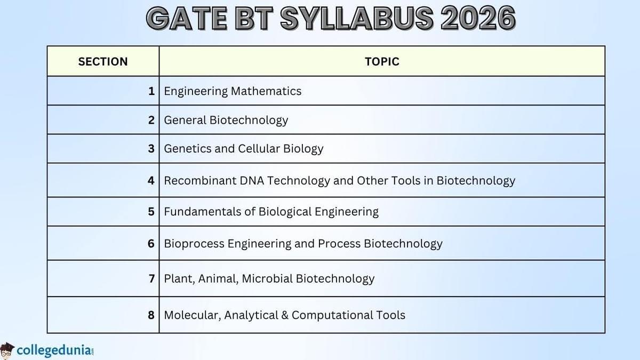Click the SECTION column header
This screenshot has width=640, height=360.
[103, 61]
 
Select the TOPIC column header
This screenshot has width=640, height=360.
[382, 61]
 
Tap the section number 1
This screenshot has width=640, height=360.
[151, 91]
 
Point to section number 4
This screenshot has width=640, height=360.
[151, 180]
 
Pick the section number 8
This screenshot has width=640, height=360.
[151, 315]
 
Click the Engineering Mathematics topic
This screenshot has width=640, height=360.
[233, 91]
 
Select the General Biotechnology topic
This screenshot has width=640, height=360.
[226, 120]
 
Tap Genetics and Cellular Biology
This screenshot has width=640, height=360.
[243, 149]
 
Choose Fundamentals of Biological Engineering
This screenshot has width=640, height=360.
[271, 212]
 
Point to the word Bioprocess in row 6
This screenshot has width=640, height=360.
[194, 244]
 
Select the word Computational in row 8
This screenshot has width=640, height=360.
[331, 315]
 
